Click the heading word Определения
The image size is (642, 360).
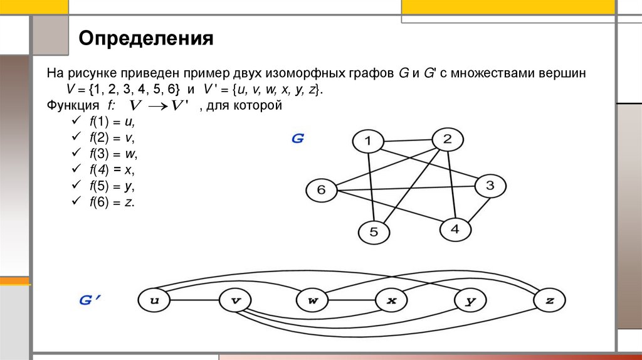[146, 40]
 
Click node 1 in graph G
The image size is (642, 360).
[369, 142]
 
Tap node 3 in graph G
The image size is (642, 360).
[490, 186]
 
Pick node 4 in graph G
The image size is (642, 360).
[455, 229]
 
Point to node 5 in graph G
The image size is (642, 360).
[374, 233]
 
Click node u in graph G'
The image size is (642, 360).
[154, 300]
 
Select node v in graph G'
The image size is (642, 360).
[236, 300]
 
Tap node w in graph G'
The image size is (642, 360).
[313, 300]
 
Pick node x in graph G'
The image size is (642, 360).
[392, 300]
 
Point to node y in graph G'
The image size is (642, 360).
[471, 300]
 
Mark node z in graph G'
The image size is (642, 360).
[550, 300]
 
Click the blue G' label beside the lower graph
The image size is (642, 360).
[90, 300]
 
